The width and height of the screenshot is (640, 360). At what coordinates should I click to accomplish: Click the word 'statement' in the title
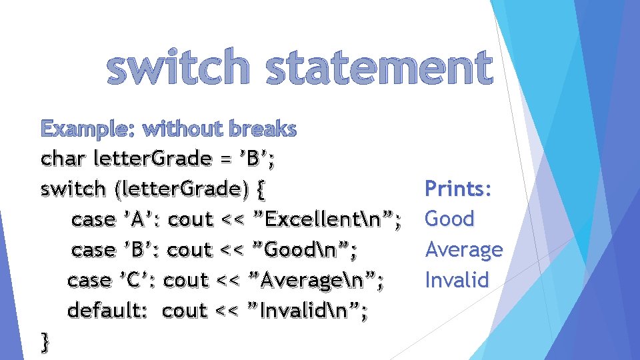[x=379, y=69]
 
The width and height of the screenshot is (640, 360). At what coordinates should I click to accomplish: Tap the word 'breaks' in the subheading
[x=264, y=129]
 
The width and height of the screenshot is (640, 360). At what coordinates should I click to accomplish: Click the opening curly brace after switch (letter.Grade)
[x=260, y=189]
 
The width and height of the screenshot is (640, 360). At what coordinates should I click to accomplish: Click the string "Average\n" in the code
[x=311, y=280]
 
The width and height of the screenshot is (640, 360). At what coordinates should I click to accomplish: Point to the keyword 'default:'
[x=107, y=311]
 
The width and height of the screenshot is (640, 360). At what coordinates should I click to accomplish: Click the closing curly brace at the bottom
[x=45, y=341]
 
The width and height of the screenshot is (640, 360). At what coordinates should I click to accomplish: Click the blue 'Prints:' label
[x=459, y=189]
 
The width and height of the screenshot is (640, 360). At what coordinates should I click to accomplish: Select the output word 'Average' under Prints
[x=463, y=249]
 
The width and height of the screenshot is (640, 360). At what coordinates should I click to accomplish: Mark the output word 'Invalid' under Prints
[x=457, y=279]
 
